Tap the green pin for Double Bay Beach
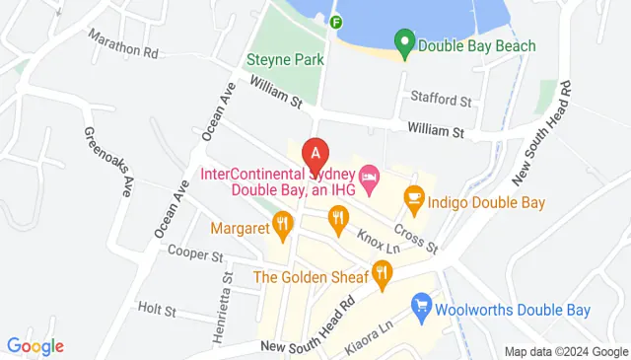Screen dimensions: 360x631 pos(402,43)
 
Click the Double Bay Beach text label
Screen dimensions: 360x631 pos(477,45)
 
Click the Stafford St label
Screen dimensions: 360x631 pos(442,100)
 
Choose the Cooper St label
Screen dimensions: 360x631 pos(195,254)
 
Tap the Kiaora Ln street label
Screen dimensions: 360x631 pos(372,336)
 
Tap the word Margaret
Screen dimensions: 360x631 pos(241,229)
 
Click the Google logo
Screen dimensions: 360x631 pos(35,346)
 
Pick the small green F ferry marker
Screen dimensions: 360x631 pos(337,22)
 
